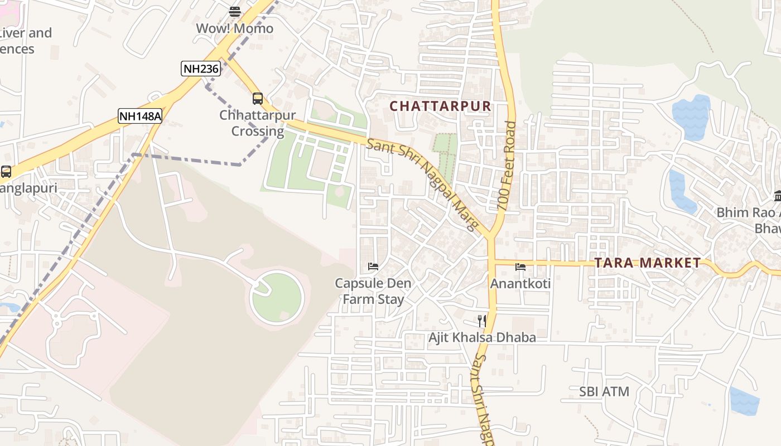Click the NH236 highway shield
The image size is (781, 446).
pyautogui.click(x=201, y=69)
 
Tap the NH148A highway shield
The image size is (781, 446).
pyautogui.click(x=140, y=116)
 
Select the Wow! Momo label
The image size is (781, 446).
pyautogui.click(x=234, y=28)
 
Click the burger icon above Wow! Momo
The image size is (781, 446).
pyautogui.click(x=235, y=12)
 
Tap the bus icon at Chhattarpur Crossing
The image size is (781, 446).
pyautogui.click(x=257, y=99)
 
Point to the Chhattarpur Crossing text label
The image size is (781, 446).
pyautogui.click(x=257, y=124)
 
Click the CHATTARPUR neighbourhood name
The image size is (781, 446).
pyautogui.click(x=440, y=106)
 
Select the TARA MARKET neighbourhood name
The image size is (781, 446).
pyautogui.click(x=647, y=263)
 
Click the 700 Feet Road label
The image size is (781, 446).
pyautogui.click(x=507, y=166)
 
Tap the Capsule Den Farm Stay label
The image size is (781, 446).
pyautogui.click(x=373, y=291)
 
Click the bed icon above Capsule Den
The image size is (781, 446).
pyautogui.click(x=373, y=266)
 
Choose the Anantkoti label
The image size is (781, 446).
pyautogui.click(x=520, y=284)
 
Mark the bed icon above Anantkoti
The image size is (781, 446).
pyautogui.click(x=520, y=267)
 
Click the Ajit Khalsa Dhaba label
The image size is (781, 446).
pyautogui.click(x=482, y=337)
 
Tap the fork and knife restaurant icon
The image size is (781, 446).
pyautogui.click(x=482, y=321)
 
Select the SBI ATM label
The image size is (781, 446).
pyautogui.click(x=604, y=391)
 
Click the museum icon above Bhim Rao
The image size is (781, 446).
pyautogui.click(x=778, y=196)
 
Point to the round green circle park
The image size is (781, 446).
pyautogui.click(x=277, y=297)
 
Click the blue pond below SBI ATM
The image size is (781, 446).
pyautogui.click(x=744, y=401)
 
